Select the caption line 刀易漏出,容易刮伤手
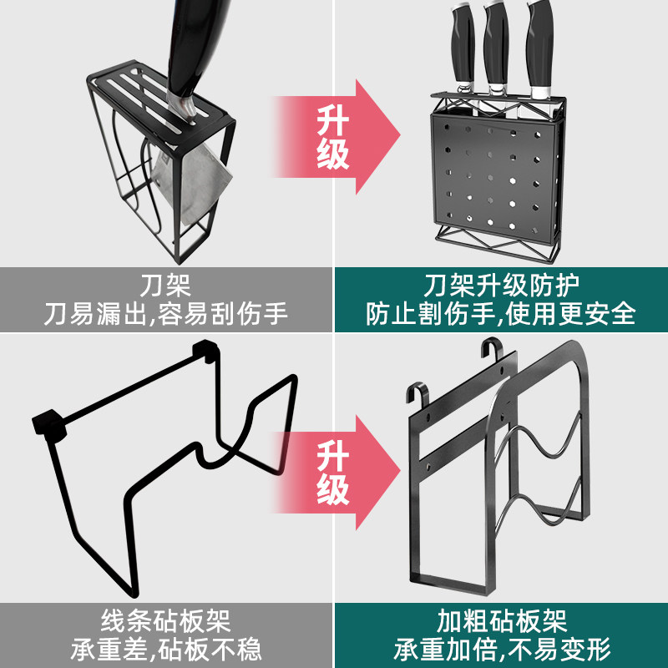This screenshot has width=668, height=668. click(166, 313)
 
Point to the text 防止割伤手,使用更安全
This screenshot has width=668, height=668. click(501, 313)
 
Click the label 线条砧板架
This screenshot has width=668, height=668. click(166, 620)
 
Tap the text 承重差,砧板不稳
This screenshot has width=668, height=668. click(166, 649)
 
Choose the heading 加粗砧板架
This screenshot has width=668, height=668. click(501, 620)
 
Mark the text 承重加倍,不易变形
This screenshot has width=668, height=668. click(501, 649)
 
